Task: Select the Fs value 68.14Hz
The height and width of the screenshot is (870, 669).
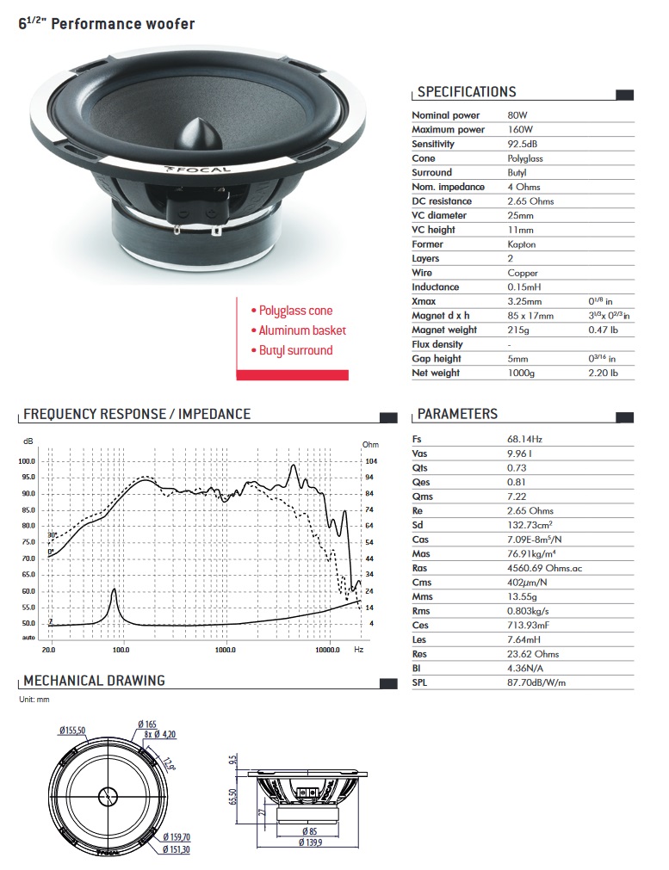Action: point(524,439)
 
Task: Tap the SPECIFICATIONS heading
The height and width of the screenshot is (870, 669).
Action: point(467,92)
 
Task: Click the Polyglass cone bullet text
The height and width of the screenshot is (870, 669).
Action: point(295,311)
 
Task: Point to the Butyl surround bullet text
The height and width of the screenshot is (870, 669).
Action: point(295,350)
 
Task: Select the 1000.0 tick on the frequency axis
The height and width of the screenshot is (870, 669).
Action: point(226,651)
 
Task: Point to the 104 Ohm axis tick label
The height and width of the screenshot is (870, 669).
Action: point(370,460)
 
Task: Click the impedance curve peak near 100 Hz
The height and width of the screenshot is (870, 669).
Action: point(114,590)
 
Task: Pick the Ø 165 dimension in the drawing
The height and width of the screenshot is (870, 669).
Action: point(147,725)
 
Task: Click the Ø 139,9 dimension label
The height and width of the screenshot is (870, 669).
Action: point(311,842)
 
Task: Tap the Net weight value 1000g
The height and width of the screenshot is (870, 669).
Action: point(521,373)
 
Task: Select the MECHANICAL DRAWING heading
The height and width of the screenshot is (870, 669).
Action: point(94,681)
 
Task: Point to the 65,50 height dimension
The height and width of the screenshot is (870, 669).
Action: point(233,797)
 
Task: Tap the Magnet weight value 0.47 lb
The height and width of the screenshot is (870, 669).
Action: point(600,330)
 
